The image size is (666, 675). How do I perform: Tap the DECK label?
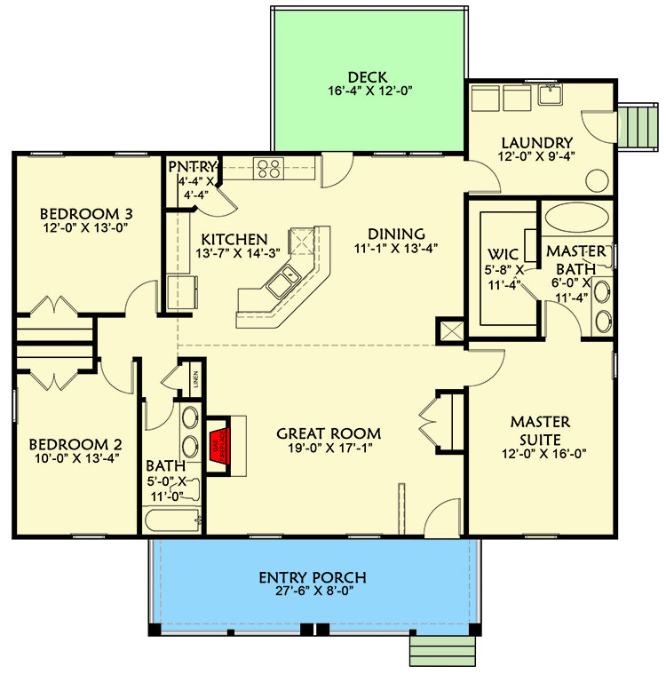tap(369, 76)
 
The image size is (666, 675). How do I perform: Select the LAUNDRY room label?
tap(536, 142)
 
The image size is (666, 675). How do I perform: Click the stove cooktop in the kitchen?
tap(267, 166)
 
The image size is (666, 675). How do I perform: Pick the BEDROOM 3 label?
tap(87, 214)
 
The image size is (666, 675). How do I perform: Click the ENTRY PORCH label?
tap(312, 578)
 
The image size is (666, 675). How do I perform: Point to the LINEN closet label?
tap(194, 380)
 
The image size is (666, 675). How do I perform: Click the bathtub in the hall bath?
tap(173, 517)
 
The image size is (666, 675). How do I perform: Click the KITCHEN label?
tap(234, 239)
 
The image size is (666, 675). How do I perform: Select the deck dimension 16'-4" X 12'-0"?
tap(369, 91)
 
